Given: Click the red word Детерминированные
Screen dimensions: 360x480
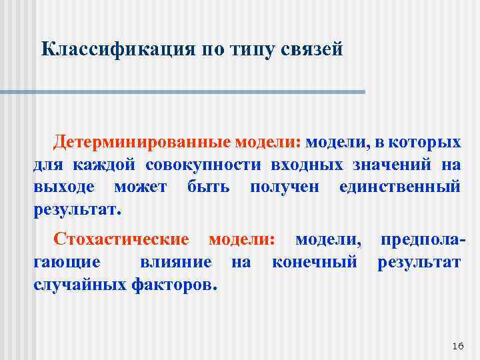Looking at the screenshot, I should coord(143,142).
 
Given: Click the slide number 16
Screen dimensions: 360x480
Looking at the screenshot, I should coord(457,345).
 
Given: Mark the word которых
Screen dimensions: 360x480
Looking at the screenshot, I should coord(426,142).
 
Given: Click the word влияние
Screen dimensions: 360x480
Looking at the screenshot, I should coord(176,262).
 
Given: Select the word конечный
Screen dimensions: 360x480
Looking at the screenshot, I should coord(315,262).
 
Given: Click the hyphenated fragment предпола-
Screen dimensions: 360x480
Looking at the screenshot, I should coord(422,239).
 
